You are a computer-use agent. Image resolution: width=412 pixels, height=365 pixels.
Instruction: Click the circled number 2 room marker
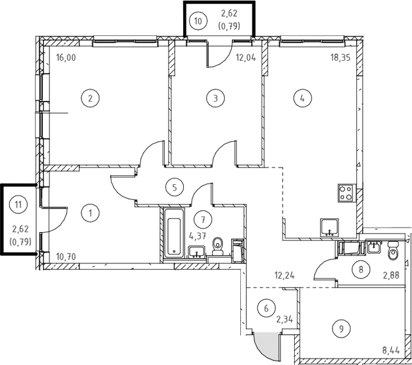(x=90, y=98)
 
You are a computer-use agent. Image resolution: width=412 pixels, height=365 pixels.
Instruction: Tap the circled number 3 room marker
(x=215, y=98)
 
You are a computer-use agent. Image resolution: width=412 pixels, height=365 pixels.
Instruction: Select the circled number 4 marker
(x=302, y=98)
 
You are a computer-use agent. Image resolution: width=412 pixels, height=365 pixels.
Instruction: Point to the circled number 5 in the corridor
(x=174, y=187)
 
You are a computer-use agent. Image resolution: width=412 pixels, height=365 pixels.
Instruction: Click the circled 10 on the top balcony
(x=198, y=20)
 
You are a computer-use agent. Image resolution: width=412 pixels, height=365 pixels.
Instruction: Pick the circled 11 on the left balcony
(x=18, y=205)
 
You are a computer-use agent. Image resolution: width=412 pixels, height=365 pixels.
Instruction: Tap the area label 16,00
(x=66, y=58)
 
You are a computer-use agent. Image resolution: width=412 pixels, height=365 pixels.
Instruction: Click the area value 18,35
(x=340, y=58)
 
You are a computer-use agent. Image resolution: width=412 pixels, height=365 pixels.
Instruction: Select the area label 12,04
(x=246, y=58)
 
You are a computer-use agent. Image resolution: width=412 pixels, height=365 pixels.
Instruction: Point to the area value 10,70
(x=66, y=257)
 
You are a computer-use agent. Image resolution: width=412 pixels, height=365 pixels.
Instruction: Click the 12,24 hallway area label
(x=284, y=276)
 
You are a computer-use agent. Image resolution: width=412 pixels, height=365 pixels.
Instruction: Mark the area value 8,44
(x=391, y=350)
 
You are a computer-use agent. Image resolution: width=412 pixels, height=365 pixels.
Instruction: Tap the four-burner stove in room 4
(x=347, y=193)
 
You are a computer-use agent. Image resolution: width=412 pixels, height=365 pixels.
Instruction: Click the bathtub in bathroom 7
(x=174, y=233)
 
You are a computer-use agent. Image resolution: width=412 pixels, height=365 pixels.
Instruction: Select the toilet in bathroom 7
(x=218, y=246)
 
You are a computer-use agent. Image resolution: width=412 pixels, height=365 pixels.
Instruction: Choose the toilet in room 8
(x=393, y=251)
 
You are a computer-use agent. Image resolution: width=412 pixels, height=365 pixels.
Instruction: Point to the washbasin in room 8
(x=374, y=247)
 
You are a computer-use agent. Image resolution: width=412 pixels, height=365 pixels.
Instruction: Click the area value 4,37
(x=197, y=236)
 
